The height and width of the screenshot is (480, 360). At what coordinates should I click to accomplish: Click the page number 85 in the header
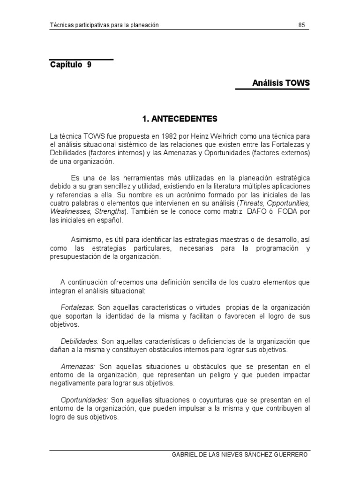coord(301,25)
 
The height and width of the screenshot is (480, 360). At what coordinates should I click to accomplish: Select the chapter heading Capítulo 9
coord(71,65)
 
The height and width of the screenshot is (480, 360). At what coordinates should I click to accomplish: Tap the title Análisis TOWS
coord(281,82)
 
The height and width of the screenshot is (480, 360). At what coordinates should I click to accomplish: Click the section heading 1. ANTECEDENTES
coord(180,119)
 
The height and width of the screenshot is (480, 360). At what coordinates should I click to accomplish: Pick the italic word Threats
coord(250,203)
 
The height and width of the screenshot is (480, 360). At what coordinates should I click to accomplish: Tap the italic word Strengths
coord(111,212)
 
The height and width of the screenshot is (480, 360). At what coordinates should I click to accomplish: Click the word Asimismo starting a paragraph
coord(86,240)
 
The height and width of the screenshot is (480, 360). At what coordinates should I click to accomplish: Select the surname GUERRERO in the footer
coord(290,455)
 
